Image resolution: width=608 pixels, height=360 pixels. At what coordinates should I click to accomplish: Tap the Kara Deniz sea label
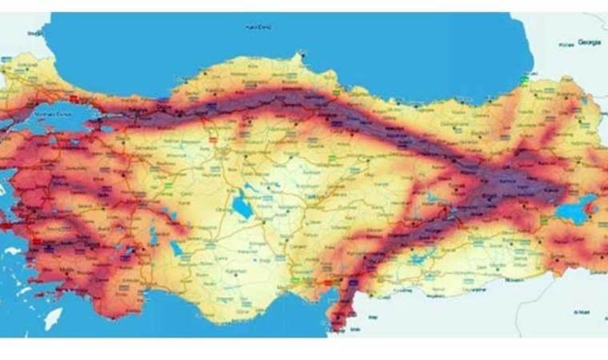[261, 27]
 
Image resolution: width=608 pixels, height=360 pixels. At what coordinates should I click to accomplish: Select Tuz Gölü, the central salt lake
[242, 206]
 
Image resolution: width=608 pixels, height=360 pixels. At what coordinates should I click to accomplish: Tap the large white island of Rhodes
[53, 318]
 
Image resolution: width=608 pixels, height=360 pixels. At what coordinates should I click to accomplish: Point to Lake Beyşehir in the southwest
[175, 246]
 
